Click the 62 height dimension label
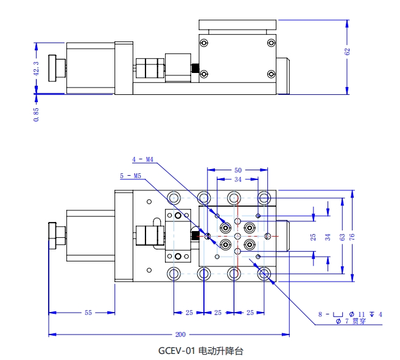347,52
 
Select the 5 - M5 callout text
130,176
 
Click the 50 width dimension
237,170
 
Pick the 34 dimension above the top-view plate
237,180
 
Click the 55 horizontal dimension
88,313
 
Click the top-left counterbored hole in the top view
174,198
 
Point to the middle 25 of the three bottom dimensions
218,313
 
